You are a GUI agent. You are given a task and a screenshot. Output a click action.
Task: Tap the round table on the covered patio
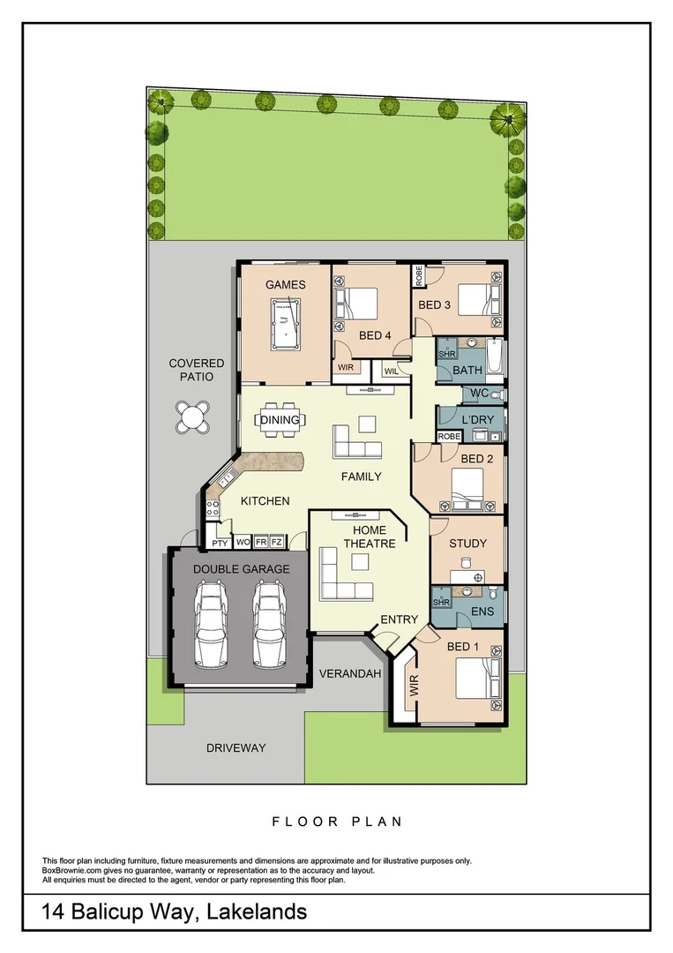[192, 416]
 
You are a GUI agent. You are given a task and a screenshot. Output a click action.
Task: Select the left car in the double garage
[211, 622]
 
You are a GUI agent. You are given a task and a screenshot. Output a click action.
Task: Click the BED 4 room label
[375, 335]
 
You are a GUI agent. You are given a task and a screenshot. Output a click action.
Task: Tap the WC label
[480, 393]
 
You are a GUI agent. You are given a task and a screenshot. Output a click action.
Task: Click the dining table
[280, 420]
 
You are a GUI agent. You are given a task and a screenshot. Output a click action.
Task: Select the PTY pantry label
[219, 543]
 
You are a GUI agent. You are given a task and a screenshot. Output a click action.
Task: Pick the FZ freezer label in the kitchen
[276, 543]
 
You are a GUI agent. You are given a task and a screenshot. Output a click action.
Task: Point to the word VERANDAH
[351, 673]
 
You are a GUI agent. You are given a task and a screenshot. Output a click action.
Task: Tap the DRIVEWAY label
[236, 748]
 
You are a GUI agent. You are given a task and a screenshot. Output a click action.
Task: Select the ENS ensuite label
[482, 611]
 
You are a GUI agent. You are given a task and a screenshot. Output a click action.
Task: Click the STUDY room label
[467, 544]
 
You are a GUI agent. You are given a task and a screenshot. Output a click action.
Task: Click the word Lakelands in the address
[256, 912]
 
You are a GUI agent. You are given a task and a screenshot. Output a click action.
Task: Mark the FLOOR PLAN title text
[337, 822]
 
